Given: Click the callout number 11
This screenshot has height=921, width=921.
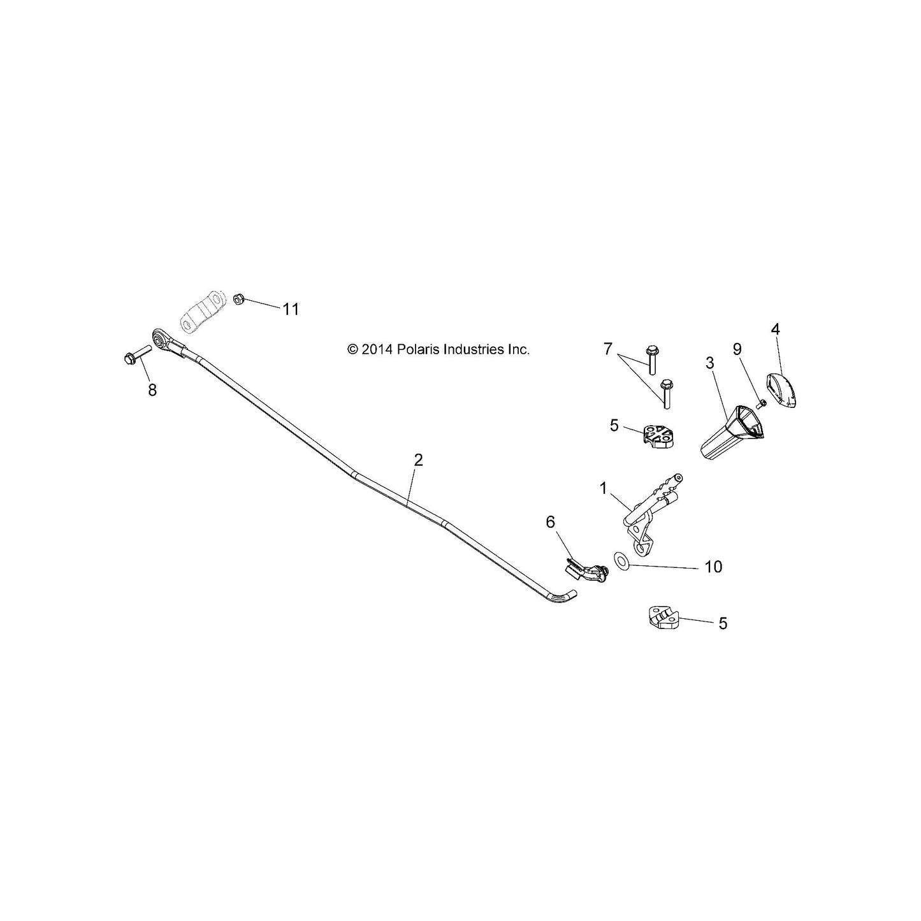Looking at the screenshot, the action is [291, 309].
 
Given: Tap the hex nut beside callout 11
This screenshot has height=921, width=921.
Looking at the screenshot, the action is [239, 300].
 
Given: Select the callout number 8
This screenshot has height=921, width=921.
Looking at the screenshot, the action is [152, 391].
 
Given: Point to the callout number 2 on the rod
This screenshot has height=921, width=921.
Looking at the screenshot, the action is [418, 460].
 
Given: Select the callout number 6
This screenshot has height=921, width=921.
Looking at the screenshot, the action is [550, 523].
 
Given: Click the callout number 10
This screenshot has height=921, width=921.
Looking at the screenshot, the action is [713, 567].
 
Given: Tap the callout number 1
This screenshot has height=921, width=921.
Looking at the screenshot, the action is [603, 488].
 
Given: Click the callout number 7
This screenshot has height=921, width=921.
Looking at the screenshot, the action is [607, 349].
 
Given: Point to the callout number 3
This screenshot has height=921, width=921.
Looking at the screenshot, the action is [710, 363].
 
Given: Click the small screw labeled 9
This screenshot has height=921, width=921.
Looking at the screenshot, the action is [762, 403].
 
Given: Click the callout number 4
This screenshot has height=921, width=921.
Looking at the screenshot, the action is [775, 329].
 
